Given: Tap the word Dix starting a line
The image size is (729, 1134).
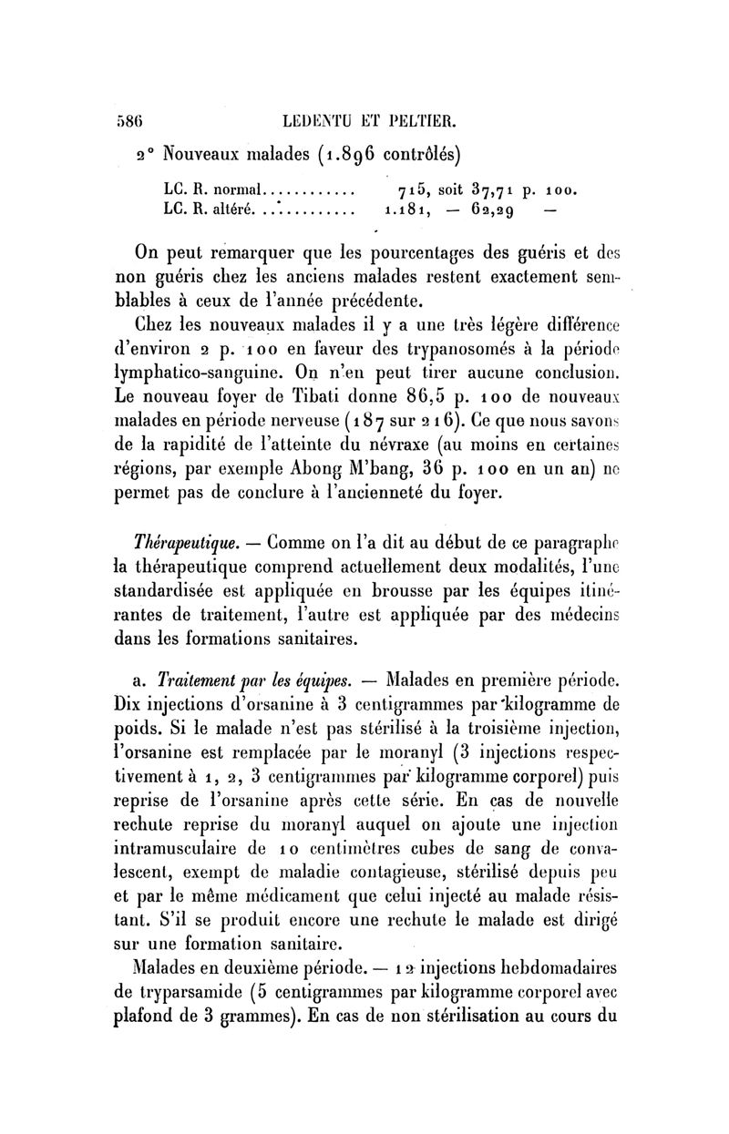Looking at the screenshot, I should [136, 704].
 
